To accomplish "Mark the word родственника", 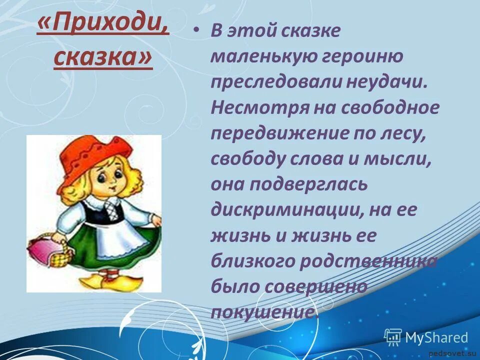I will (x=366, y=261).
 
